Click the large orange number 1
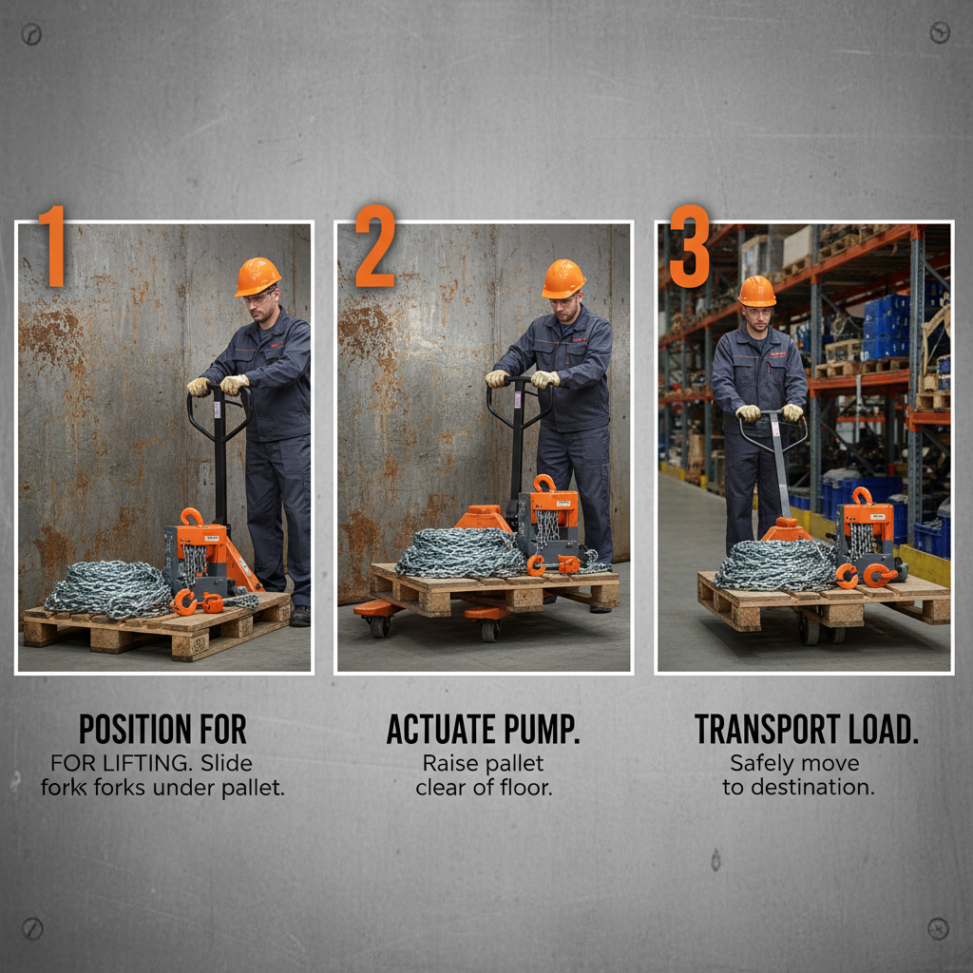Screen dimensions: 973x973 [51, 246]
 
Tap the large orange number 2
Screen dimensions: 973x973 [374, 246]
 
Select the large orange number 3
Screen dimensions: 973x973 [689, 246]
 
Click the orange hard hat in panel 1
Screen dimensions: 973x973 [258, 277]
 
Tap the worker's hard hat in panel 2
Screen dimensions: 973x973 [563, 278]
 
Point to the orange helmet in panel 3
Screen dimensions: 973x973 [757, 291]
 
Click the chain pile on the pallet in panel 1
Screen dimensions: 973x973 [108, 588]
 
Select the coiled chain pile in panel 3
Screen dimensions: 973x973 [774, 565]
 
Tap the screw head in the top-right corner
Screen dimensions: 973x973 [939, 33]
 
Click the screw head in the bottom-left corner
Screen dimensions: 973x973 [32, 927]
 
